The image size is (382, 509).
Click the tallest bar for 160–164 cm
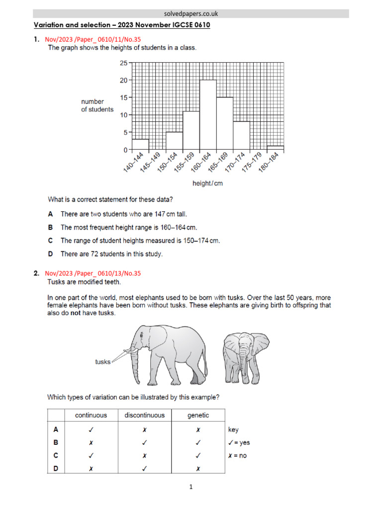point(208,115)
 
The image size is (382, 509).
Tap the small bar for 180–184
point(276,148)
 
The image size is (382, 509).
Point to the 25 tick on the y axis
point(123,63)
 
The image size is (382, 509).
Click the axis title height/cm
point(208,183)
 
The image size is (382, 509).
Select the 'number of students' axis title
point(97,105)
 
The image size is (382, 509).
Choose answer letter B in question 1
point(51,228)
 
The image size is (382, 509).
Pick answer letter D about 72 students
point(51,254)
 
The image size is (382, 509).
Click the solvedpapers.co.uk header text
point(191,13)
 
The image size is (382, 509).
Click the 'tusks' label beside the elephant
point(102,362)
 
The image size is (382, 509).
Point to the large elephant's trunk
point(135,365)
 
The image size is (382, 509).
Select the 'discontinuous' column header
point(144,415)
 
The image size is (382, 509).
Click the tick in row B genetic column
point(198,442)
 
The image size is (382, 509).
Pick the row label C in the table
point(56,455)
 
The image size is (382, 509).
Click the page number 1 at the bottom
point(191,488)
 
